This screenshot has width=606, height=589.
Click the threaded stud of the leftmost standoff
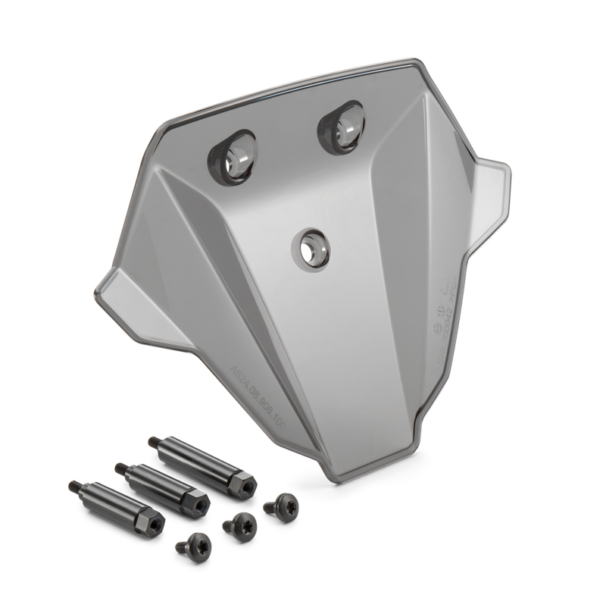(x=77, y=485)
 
